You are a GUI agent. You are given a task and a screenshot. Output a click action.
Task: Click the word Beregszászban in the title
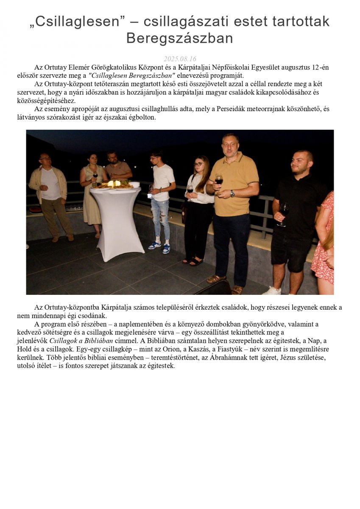(180, 38)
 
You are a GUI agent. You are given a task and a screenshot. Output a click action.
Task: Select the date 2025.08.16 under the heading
(180, 59)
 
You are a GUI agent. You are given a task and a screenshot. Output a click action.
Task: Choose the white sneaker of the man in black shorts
(272, 291)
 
